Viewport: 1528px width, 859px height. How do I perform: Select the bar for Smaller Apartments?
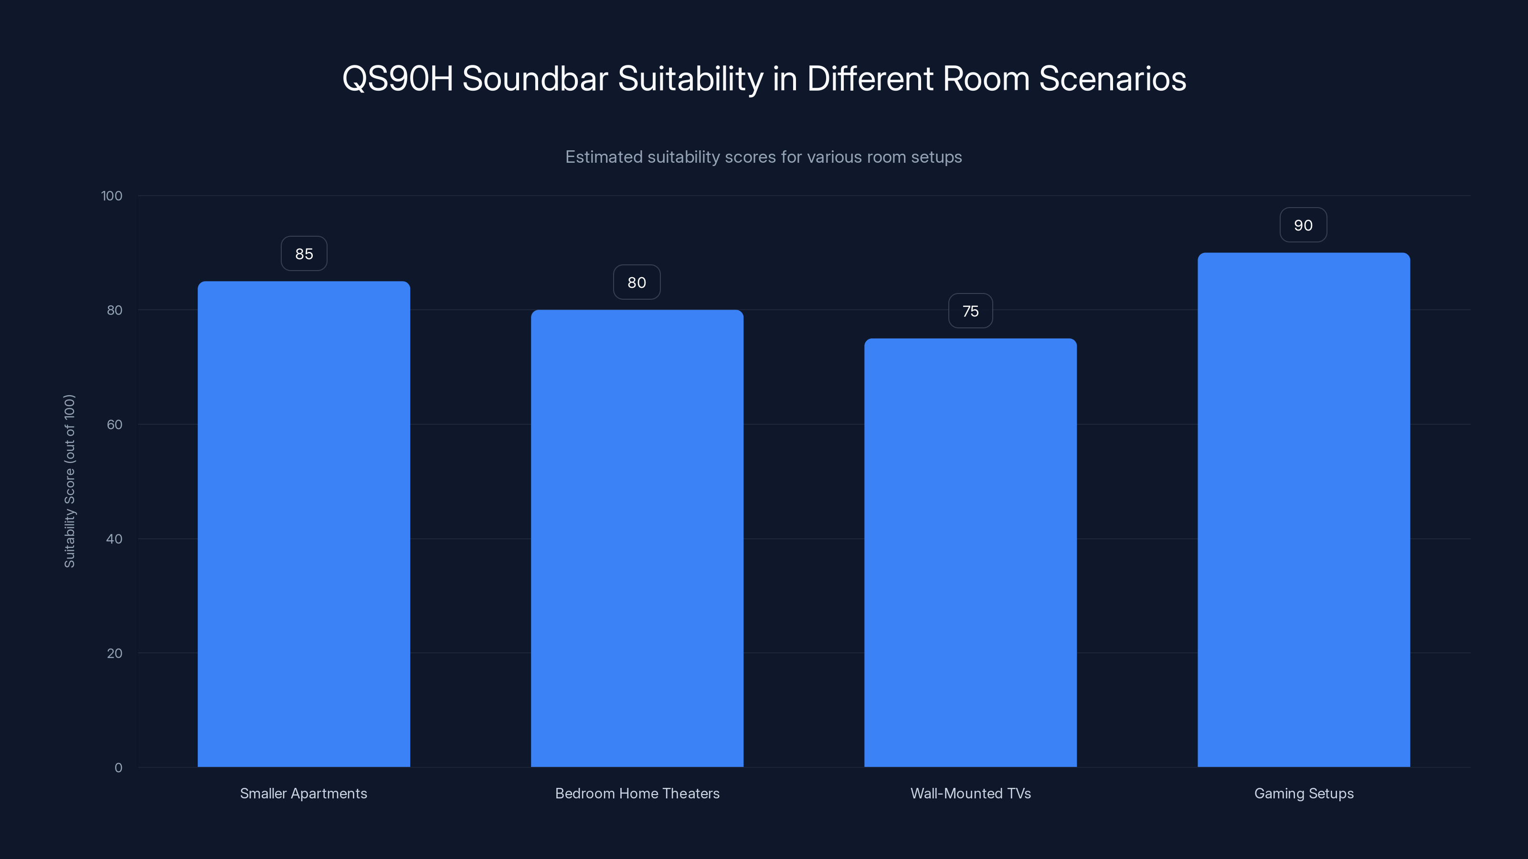click(304, 524)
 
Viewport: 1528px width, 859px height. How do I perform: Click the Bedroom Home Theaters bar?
click(637, 538)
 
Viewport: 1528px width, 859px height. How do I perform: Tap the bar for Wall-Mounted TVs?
click(970, 553)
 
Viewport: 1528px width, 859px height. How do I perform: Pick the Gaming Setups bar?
click(1304, 510)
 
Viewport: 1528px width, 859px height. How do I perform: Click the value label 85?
click(304, 254)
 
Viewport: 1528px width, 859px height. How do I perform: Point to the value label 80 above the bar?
click(637, 282)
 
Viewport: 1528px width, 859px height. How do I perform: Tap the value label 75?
click(970, 311)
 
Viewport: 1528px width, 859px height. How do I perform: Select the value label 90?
click(1303, 225)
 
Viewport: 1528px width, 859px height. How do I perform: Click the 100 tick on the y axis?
click(112, 196)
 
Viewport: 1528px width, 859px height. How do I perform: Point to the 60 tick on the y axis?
click(115, 424)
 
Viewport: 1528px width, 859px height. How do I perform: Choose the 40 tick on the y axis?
click(115, 539)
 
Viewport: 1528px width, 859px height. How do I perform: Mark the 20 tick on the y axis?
click(115, 653)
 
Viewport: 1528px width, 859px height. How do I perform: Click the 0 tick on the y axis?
click(118, 768)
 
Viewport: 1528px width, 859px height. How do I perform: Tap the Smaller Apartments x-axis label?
click(303, 793)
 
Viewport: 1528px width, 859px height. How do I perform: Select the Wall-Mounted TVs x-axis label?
click(970, 793)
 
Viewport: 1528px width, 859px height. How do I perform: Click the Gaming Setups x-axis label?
click(1304, 793)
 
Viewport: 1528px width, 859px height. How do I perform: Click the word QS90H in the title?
click(397, 79)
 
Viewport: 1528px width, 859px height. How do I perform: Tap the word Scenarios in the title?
click(1112, 79)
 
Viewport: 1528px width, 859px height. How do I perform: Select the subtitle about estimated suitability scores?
click(764, 157)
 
